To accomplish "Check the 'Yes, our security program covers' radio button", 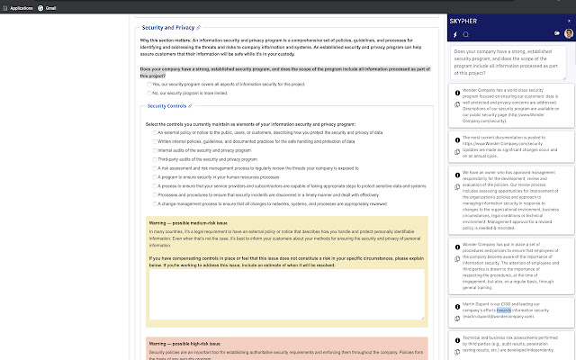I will coord(149,84).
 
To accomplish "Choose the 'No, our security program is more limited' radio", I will coord(149,92).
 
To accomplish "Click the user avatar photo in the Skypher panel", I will coord(567,33).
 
